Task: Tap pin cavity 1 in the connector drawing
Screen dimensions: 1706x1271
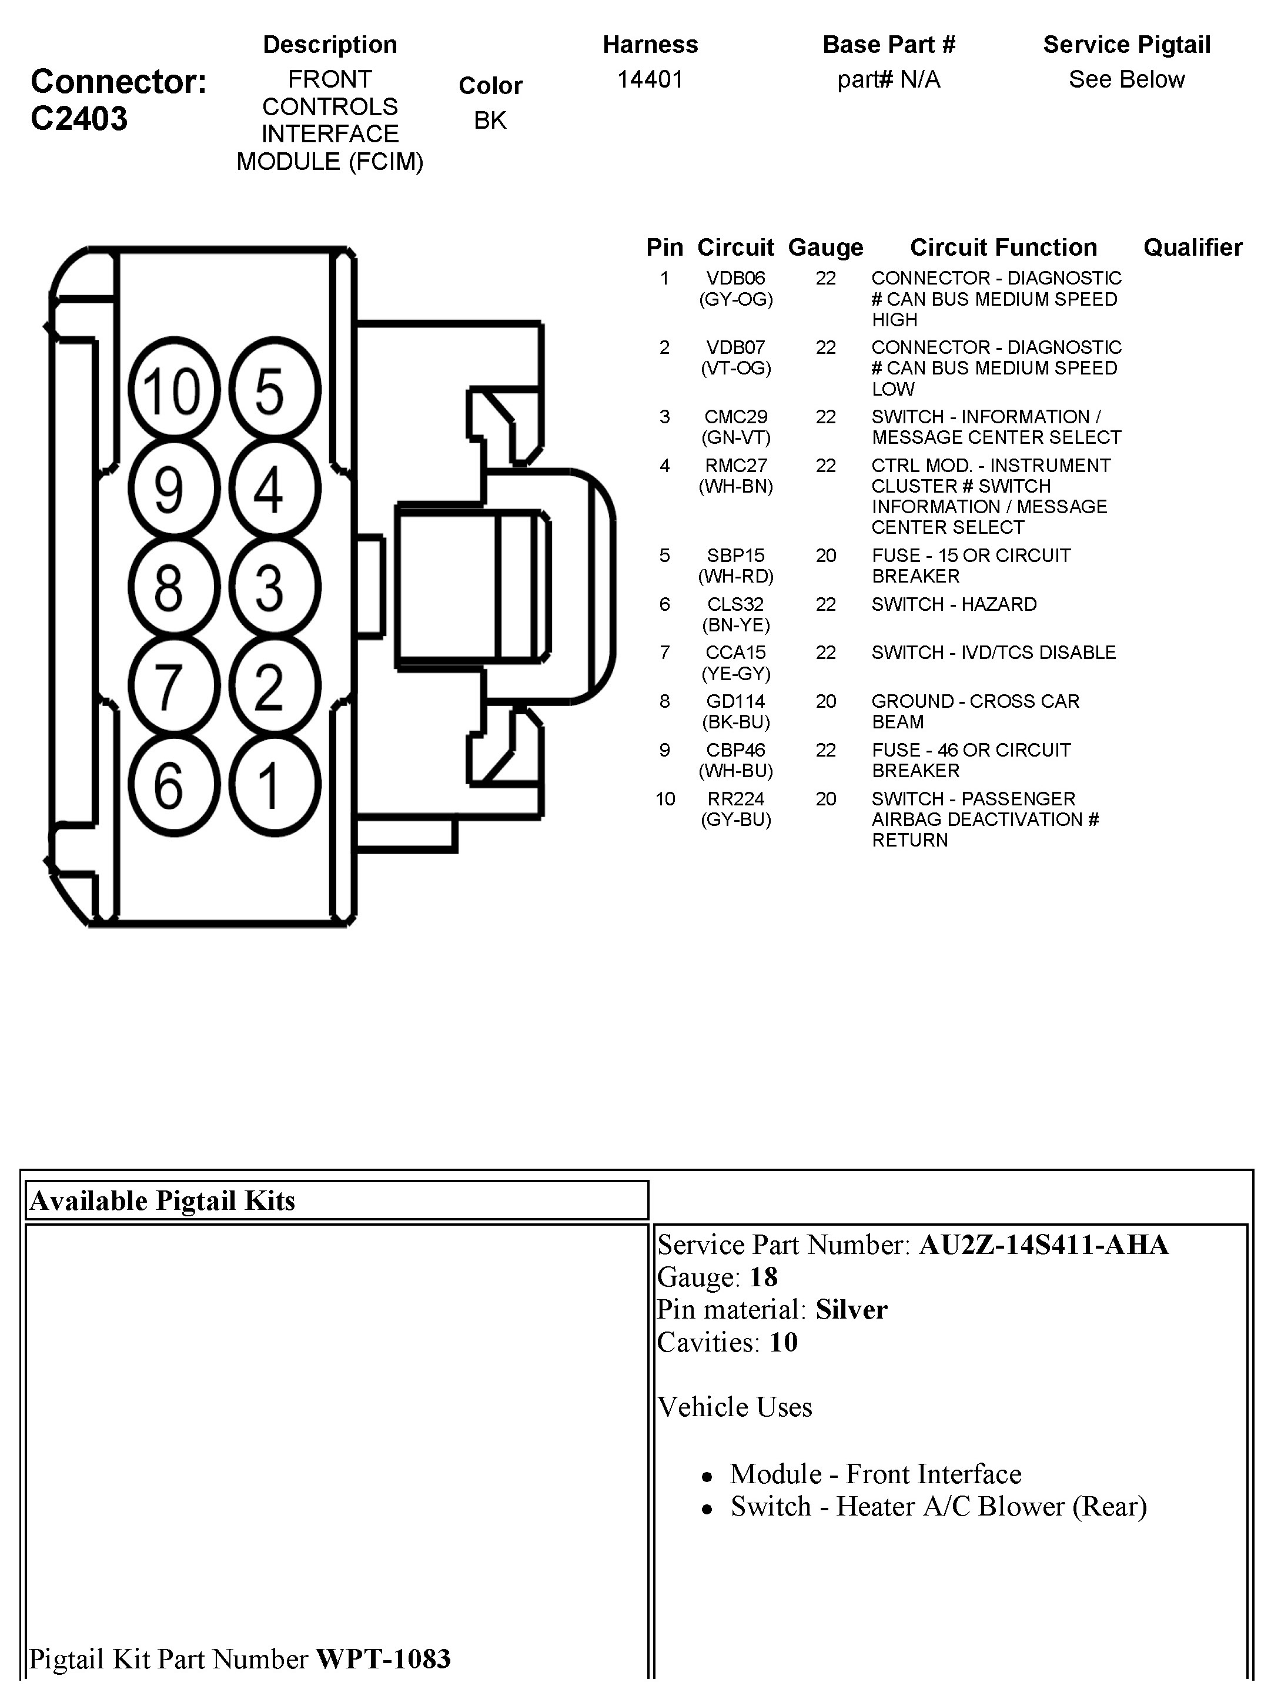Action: coord(273,785)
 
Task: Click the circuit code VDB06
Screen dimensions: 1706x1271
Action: coord(735,279)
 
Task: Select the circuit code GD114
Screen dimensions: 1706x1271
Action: coord(735,701)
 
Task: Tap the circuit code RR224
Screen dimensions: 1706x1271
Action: coord(735,799)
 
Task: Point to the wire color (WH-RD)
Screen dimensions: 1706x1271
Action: coord(735,576)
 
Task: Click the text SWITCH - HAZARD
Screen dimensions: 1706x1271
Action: coord(954,604)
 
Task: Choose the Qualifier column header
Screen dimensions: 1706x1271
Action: coord(1193,247)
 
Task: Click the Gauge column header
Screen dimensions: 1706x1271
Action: coord(825,247)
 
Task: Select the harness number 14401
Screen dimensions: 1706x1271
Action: coord(650,80)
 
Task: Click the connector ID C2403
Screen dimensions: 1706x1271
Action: coord(79,119)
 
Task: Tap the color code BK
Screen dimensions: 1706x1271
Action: coord(490,121)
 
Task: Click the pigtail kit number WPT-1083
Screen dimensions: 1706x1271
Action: coord(383,1659)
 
